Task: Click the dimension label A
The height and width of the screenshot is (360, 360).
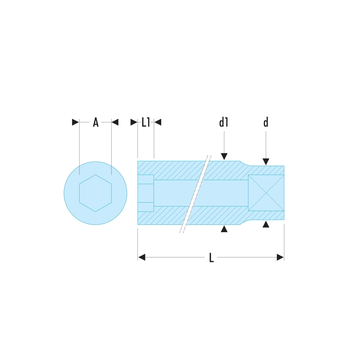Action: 95,122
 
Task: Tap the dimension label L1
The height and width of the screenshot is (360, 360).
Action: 146,122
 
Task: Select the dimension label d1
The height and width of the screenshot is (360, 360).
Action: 224,122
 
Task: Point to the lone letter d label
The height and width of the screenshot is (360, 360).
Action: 266,122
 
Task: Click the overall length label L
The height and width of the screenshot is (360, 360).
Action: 211,257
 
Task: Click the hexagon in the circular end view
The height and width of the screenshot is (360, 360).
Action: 95,193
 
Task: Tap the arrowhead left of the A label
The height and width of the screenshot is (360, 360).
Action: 75,122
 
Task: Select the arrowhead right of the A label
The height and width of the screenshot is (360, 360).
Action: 115,122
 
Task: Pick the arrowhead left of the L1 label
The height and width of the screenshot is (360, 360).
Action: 134,122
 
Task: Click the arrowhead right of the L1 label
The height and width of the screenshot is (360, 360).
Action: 158,122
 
